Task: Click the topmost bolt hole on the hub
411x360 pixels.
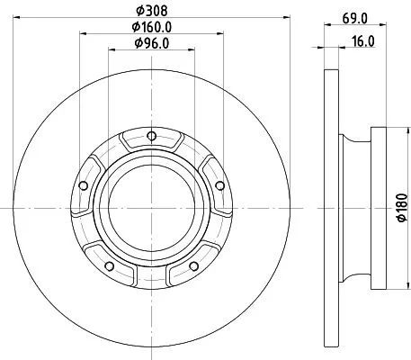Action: point(150,137)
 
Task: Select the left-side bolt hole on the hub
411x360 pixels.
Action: point(84,185)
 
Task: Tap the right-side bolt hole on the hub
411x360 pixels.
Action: point(216,185)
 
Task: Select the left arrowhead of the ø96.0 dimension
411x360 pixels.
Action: point(112,49)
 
